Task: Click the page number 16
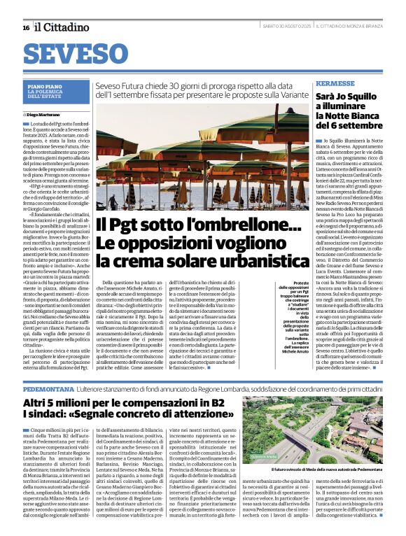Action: [x=25, y=27]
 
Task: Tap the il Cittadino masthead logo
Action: [x=63, y=27]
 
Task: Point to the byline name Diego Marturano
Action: [x=45, y=113]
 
